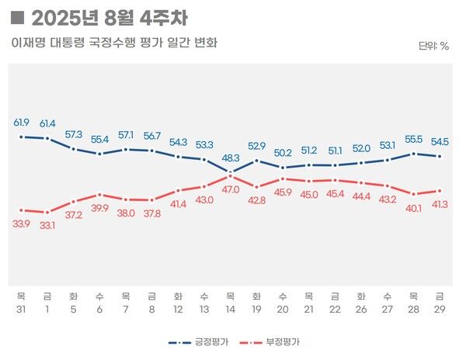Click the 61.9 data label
click(22, 123)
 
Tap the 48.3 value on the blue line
click(231, 157)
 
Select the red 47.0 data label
click(231, 189)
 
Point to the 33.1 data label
click(48, 226)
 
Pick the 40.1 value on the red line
click(414, 207)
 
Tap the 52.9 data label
click(257, 146)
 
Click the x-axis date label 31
click(22, 309)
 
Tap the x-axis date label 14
click(231, 309)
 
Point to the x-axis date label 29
click(440, 309)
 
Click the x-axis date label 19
click(257, 309)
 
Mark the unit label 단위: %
click(433, 46)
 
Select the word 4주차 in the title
click(164, 17)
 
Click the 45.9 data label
click(283, 192)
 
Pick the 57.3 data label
click(74, 134)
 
